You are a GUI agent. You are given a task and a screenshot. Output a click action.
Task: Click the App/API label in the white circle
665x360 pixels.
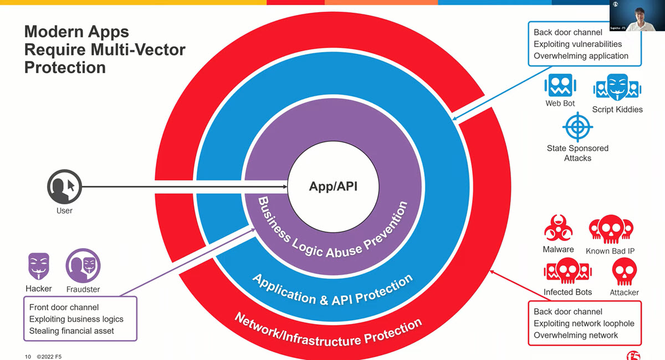click(333, 187)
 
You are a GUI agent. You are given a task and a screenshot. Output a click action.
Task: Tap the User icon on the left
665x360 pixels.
click(64, 187)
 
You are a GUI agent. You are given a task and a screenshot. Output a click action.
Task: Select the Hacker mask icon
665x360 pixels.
click(39, 268)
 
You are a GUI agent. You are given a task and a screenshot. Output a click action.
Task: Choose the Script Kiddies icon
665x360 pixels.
click(617, 88)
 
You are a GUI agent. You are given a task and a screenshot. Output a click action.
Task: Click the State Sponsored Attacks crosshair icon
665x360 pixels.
click(577, 127)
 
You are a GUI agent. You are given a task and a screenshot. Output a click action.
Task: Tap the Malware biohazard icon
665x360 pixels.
click(558, 229)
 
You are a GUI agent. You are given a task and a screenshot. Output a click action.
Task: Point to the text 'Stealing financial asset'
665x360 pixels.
click(71, 331)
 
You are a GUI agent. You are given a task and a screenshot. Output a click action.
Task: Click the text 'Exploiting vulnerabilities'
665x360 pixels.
click(577, 44)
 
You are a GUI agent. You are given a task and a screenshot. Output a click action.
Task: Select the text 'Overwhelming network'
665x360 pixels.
click(576, 335)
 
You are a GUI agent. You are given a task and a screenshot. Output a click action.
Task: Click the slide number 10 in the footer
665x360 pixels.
click(28, 356)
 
